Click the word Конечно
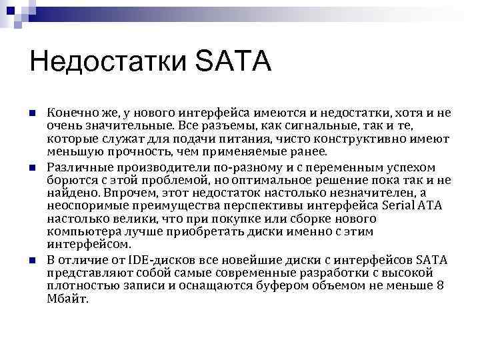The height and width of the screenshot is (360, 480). [x=70, y=113]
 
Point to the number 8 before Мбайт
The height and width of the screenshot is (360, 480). [x=439, y=285]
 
